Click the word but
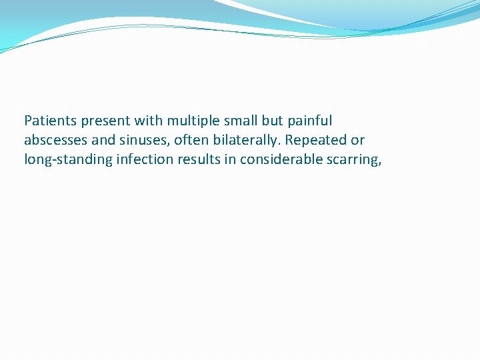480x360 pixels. tap(273, 121)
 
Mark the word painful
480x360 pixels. tap(309, 121)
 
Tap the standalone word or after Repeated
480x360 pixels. tap(358, 140)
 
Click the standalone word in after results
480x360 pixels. tap(226, 159)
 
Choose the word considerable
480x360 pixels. tap(278, 159)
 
